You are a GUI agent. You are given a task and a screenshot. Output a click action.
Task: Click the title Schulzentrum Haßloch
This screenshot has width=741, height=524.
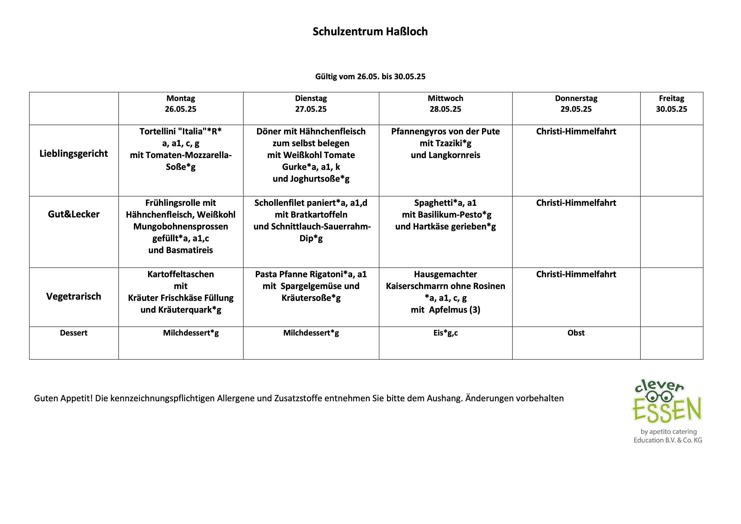click(x=370, y=32)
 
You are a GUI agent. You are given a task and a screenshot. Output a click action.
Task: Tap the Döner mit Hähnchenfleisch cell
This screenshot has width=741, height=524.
click(x=311, y=155)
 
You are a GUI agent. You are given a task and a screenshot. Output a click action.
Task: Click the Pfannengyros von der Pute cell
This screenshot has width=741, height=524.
click(x=445, y=143)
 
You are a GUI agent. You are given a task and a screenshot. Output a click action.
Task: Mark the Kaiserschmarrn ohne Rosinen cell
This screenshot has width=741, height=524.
click(x=445, y=292)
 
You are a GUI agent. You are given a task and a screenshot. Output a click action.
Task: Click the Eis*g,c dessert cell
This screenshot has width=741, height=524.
click(x=445, y=333)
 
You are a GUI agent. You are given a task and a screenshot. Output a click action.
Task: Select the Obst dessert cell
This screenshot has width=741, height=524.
click(x=576, y=333)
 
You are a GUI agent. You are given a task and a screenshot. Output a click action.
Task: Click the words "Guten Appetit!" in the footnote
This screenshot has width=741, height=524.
click(x=63, y=398)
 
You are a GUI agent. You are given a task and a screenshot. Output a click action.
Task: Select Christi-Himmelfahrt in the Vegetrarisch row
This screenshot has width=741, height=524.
click(x=576, y=274)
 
